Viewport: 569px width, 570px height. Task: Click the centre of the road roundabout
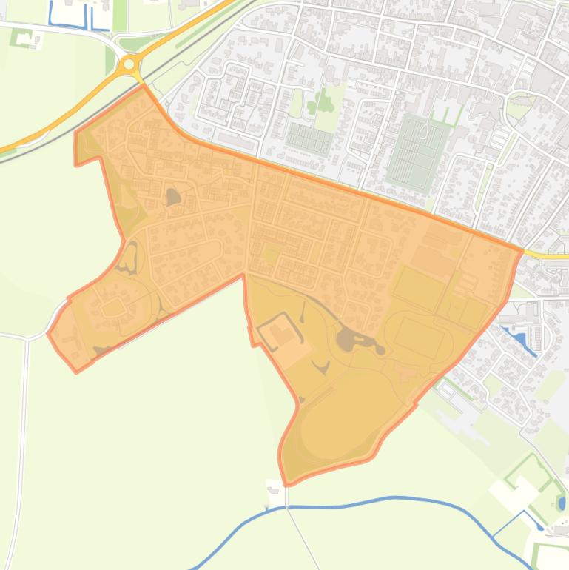point(129,64)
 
